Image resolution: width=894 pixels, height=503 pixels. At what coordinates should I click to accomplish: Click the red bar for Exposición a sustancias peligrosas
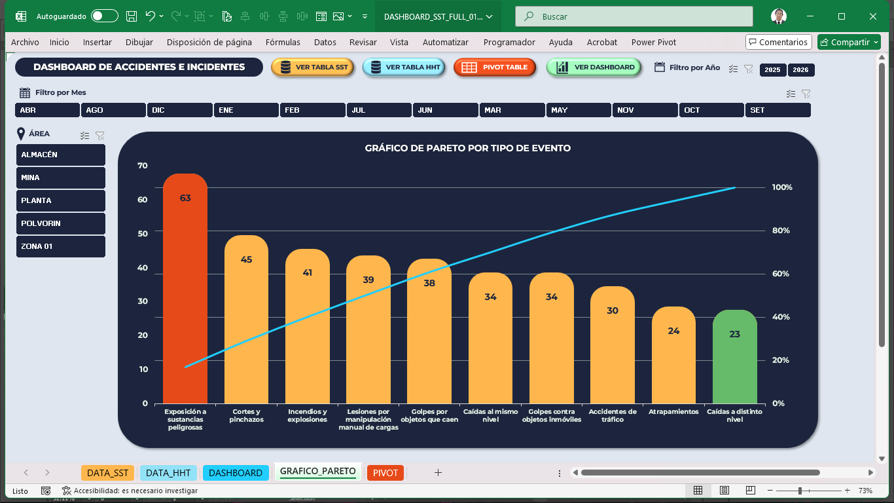coord(185,295)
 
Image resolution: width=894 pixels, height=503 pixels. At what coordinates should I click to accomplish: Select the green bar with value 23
coord(734,360)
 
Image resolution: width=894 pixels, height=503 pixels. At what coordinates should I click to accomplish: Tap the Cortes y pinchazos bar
coord(246,321)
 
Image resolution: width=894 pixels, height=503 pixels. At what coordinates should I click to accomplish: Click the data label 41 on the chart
coord(308,272)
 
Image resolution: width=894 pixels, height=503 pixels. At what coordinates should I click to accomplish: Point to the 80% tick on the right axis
coord(781,231)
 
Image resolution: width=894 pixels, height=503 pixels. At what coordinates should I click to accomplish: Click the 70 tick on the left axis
coord(143,166)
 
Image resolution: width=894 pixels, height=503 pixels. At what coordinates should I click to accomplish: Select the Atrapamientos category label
coord(673,412)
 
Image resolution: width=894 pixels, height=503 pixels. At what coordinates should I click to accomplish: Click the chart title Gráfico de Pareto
coord(467,148)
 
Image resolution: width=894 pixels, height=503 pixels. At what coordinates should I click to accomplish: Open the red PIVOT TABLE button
coord(495,67)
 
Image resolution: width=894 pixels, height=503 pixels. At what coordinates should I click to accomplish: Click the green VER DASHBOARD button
coord(594,67)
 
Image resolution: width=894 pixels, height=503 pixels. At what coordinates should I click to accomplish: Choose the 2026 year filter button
coord(801,70)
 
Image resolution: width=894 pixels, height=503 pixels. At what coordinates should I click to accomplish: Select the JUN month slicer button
coord(445,110)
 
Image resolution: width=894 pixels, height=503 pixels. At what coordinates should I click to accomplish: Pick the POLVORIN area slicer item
coord(61,223)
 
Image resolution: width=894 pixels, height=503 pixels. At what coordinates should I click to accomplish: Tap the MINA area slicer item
coord(61,177)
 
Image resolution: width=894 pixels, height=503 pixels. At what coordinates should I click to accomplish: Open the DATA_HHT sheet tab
coord(168,473)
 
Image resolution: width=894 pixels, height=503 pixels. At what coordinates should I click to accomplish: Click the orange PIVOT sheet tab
coord(385,473)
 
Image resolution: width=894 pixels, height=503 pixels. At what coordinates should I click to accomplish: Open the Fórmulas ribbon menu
coord(283,42)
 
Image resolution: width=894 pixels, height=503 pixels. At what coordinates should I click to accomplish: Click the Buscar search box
coord(634,16)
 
